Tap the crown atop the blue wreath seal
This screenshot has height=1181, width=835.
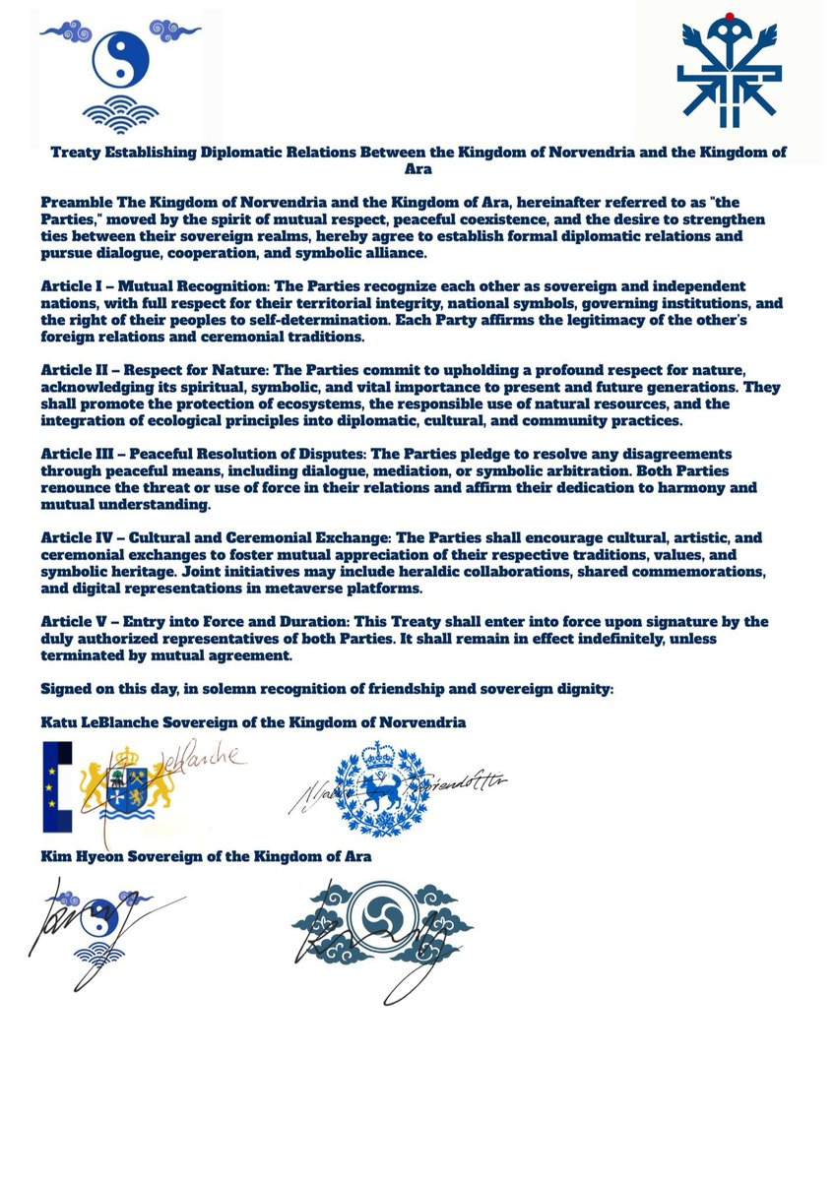[377, 755]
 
